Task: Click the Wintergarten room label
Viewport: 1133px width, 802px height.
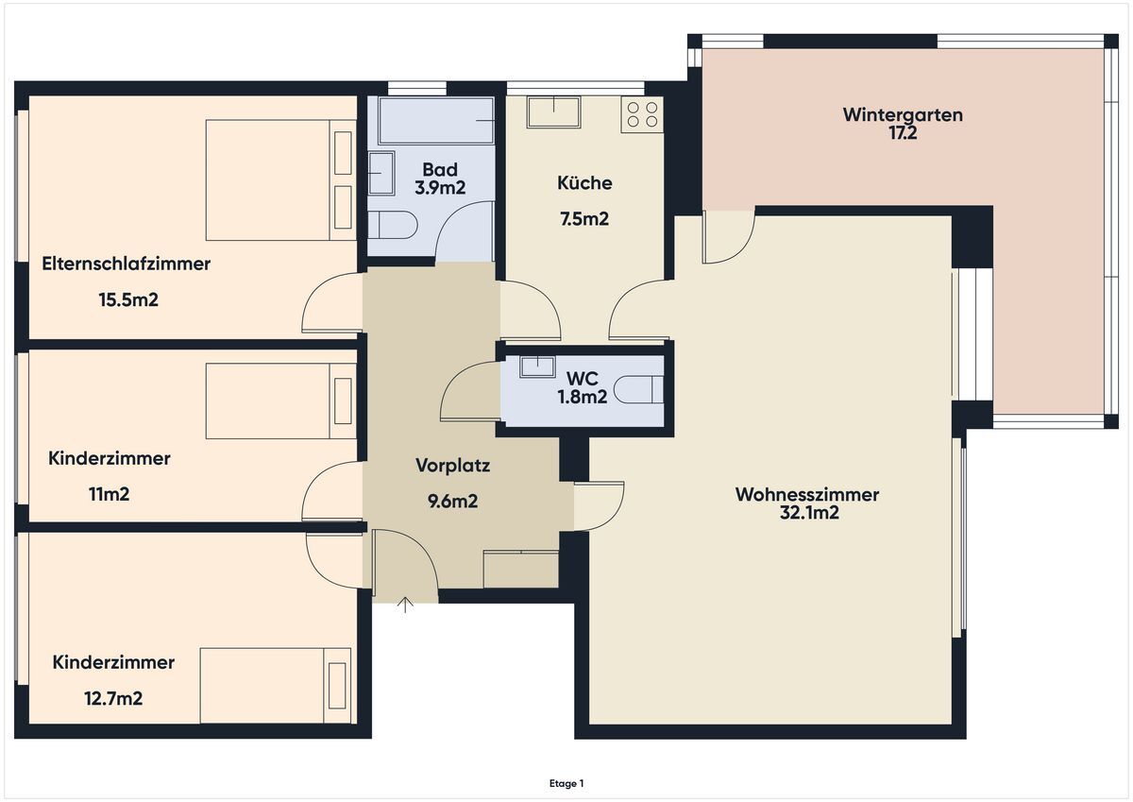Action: point(903,115)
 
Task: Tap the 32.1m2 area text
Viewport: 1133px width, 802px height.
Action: point(809,513)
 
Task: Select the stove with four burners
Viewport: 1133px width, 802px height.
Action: point(642,115)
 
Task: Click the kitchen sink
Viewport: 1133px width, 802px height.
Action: point(553,111)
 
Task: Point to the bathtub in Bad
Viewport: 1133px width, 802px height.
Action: point(436,120)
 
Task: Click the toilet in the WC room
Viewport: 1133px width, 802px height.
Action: point(638,389)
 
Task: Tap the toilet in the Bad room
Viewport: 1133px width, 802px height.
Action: point(392,225)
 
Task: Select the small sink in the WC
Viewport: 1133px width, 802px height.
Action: point(537,367)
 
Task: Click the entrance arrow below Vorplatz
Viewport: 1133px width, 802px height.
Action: point(405,605)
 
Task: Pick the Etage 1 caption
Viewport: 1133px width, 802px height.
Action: point(566,783)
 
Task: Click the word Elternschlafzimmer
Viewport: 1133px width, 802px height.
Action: point(126,264)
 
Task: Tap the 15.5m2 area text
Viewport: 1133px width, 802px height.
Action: point(128,299)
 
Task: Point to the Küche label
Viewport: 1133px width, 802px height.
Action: point(584,182)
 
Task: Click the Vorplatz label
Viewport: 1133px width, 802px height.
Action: point(452,466)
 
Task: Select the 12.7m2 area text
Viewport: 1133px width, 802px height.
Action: point(113,698)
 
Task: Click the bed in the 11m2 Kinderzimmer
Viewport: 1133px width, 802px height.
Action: point(280,401)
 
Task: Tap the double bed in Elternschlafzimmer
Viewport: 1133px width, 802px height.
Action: point(280,179)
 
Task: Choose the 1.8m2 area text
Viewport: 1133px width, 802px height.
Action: point(583,396)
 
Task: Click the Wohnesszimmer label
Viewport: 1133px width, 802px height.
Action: point(807,494)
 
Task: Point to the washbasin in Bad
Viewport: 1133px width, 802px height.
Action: point(381,173)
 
